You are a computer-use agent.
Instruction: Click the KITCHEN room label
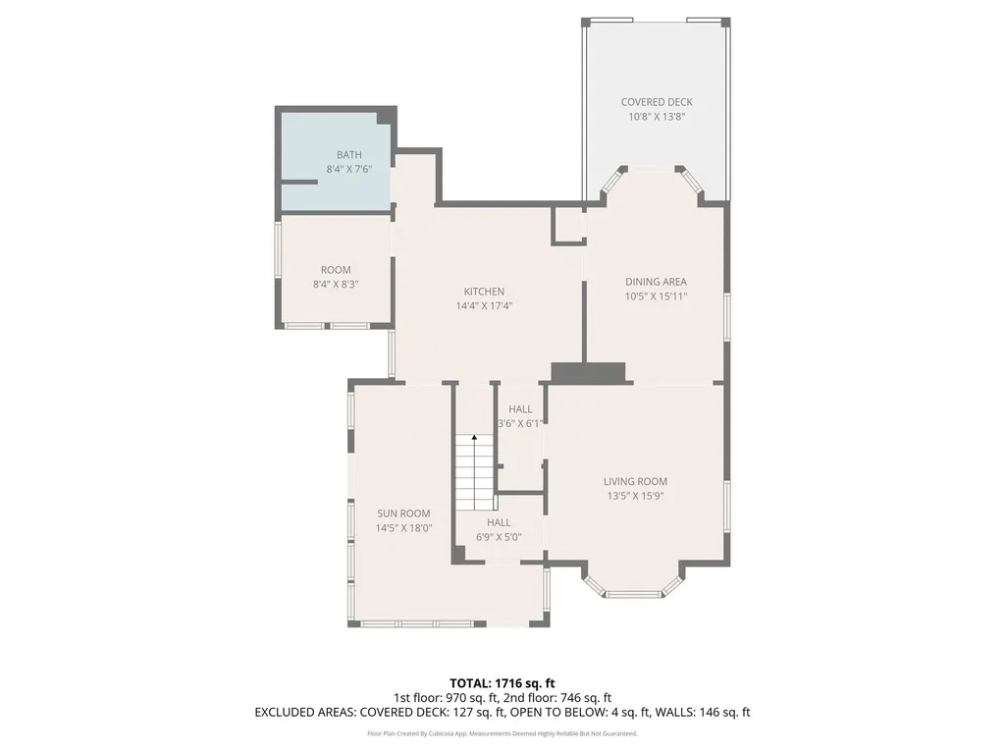(484, 292)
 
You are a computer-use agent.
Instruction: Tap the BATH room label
(349, 154)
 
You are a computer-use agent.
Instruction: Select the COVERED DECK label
(657, 102)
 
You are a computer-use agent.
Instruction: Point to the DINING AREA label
(656, 282)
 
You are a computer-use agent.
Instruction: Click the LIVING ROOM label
(635, 481)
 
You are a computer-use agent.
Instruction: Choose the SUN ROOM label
(403, 513)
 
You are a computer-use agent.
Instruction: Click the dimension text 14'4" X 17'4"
(484, 306)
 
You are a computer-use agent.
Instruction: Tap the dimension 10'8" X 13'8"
(657, 117)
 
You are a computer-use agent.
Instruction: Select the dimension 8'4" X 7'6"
(349, 169)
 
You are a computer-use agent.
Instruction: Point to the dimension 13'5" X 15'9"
(635, 496)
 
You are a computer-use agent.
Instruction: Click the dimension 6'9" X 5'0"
(499, 537)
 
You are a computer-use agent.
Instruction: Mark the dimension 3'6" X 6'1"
(520, 424)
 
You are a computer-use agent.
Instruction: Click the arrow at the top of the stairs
(474, 439)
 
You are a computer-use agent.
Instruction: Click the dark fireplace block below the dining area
(589, 373)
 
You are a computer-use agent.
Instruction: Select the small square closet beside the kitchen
(569, 225)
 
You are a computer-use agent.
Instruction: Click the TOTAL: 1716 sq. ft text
(502, 683)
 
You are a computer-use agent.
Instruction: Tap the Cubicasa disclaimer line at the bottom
(502, 733)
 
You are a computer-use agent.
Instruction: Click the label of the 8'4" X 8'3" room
(336, 270)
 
